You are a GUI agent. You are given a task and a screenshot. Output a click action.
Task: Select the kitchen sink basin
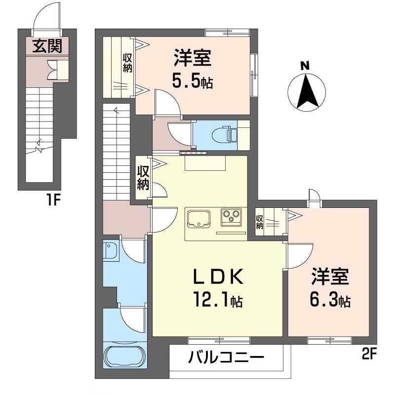point(198,218)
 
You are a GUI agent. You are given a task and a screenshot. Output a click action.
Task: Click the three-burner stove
point(231,216)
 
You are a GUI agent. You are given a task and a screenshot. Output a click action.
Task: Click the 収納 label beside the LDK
point(143,178)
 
